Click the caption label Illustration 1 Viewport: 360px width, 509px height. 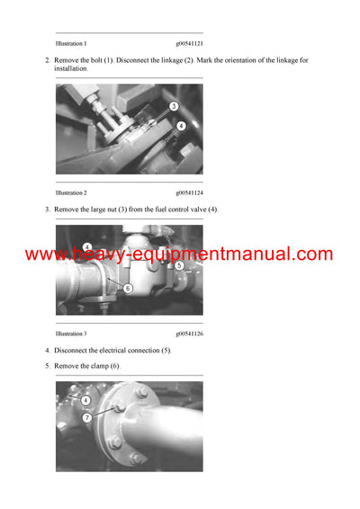click(x=71, y=43)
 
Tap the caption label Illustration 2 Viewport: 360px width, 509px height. click(x=71, y=192)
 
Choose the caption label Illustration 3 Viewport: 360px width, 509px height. click(x=71, y=333)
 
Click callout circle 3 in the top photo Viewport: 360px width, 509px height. click(x=173, y=106)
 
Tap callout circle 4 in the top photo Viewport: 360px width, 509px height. click(x=181, y=126)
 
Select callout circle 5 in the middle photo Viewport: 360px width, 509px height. click(x=179, y=265)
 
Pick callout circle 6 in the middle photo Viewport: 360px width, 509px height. click(x=127, y=288)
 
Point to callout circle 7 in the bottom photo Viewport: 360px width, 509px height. click(x=86, y=418)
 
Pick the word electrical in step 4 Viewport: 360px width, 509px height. click(x=118, y=350)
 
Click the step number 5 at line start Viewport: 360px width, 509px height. click(x=47, y=366)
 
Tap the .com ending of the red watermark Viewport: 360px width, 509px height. click(x=312, y=254)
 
